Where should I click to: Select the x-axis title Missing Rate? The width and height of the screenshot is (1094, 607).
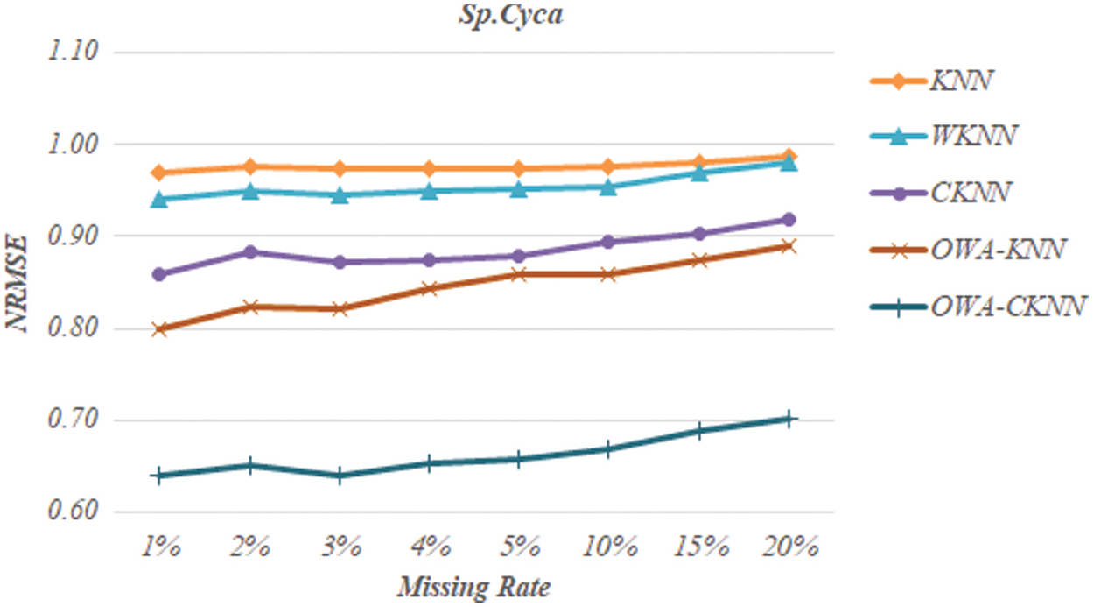[473, 586]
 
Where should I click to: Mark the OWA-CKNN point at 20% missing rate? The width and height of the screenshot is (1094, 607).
[789, 419]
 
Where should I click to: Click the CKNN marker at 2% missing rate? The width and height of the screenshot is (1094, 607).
[250, 252]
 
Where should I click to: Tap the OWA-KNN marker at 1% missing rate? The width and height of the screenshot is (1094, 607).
[160, 329]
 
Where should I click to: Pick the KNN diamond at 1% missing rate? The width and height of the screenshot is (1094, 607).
[160, 173]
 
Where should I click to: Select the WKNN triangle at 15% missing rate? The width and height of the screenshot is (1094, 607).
[699, 173]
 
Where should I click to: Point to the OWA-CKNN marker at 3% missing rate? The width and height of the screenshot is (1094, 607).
[340, 476]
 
